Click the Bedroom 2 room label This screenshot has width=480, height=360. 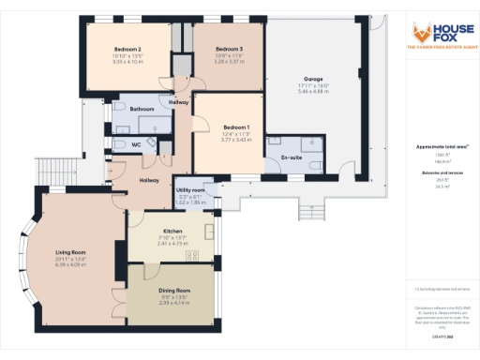[127, 49]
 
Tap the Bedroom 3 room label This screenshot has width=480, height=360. [229, 49]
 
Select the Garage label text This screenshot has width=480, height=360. [314, 80]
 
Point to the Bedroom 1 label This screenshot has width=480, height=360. [236, 127]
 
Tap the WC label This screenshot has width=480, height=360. [136, 144]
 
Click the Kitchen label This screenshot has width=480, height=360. [172, 231]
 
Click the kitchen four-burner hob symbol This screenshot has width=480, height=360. [191, 256]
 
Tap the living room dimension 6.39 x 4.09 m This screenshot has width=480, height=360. [71, 265]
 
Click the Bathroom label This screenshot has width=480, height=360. [142, 109]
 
